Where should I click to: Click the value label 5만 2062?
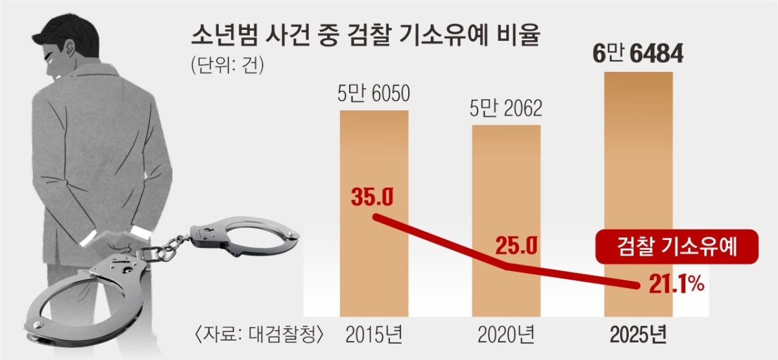(x=505, y=108)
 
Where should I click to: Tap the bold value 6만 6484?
(x=638, y=54)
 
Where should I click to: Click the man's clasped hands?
(x=120, y=239)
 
